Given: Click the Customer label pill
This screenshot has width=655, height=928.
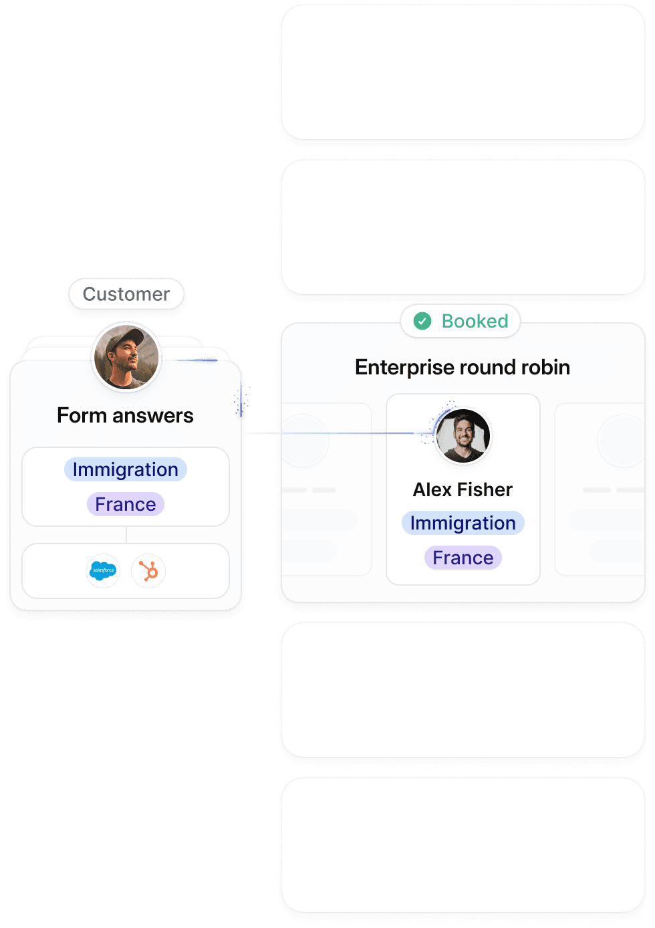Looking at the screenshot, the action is click(126, 294).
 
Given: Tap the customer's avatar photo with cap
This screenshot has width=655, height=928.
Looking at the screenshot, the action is click(126, 356).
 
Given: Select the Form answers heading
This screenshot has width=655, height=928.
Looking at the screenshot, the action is click(125, 416).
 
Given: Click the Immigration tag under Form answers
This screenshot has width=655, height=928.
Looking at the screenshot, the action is click(126, 469).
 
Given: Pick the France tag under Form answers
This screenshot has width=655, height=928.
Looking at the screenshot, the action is click(126, 504).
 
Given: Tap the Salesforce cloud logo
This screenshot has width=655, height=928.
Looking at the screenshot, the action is click(103, 570).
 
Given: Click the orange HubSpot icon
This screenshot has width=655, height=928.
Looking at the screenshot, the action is click(148, 570).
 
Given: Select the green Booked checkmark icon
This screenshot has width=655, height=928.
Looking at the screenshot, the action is click(422, 322).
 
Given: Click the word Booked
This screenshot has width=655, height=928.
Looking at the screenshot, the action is click(475, 322).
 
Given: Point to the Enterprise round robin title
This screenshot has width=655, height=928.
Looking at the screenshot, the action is click(463, 367).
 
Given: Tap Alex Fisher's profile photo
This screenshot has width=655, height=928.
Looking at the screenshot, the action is click(463, 436).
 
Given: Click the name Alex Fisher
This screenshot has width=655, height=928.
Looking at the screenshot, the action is click(463, 489).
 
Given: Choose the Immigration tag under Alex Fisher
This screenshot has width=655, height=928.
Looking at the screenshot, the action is click(463, 523).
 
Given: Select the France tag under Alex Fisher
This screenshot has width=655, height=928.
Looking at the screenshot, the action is click(463, 558).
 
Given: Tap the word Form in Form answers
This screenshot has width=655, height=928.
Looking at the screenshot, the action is click(82, 416).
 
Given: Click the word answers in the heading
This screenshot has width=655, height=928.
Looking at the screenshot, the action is click(153, 416).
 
